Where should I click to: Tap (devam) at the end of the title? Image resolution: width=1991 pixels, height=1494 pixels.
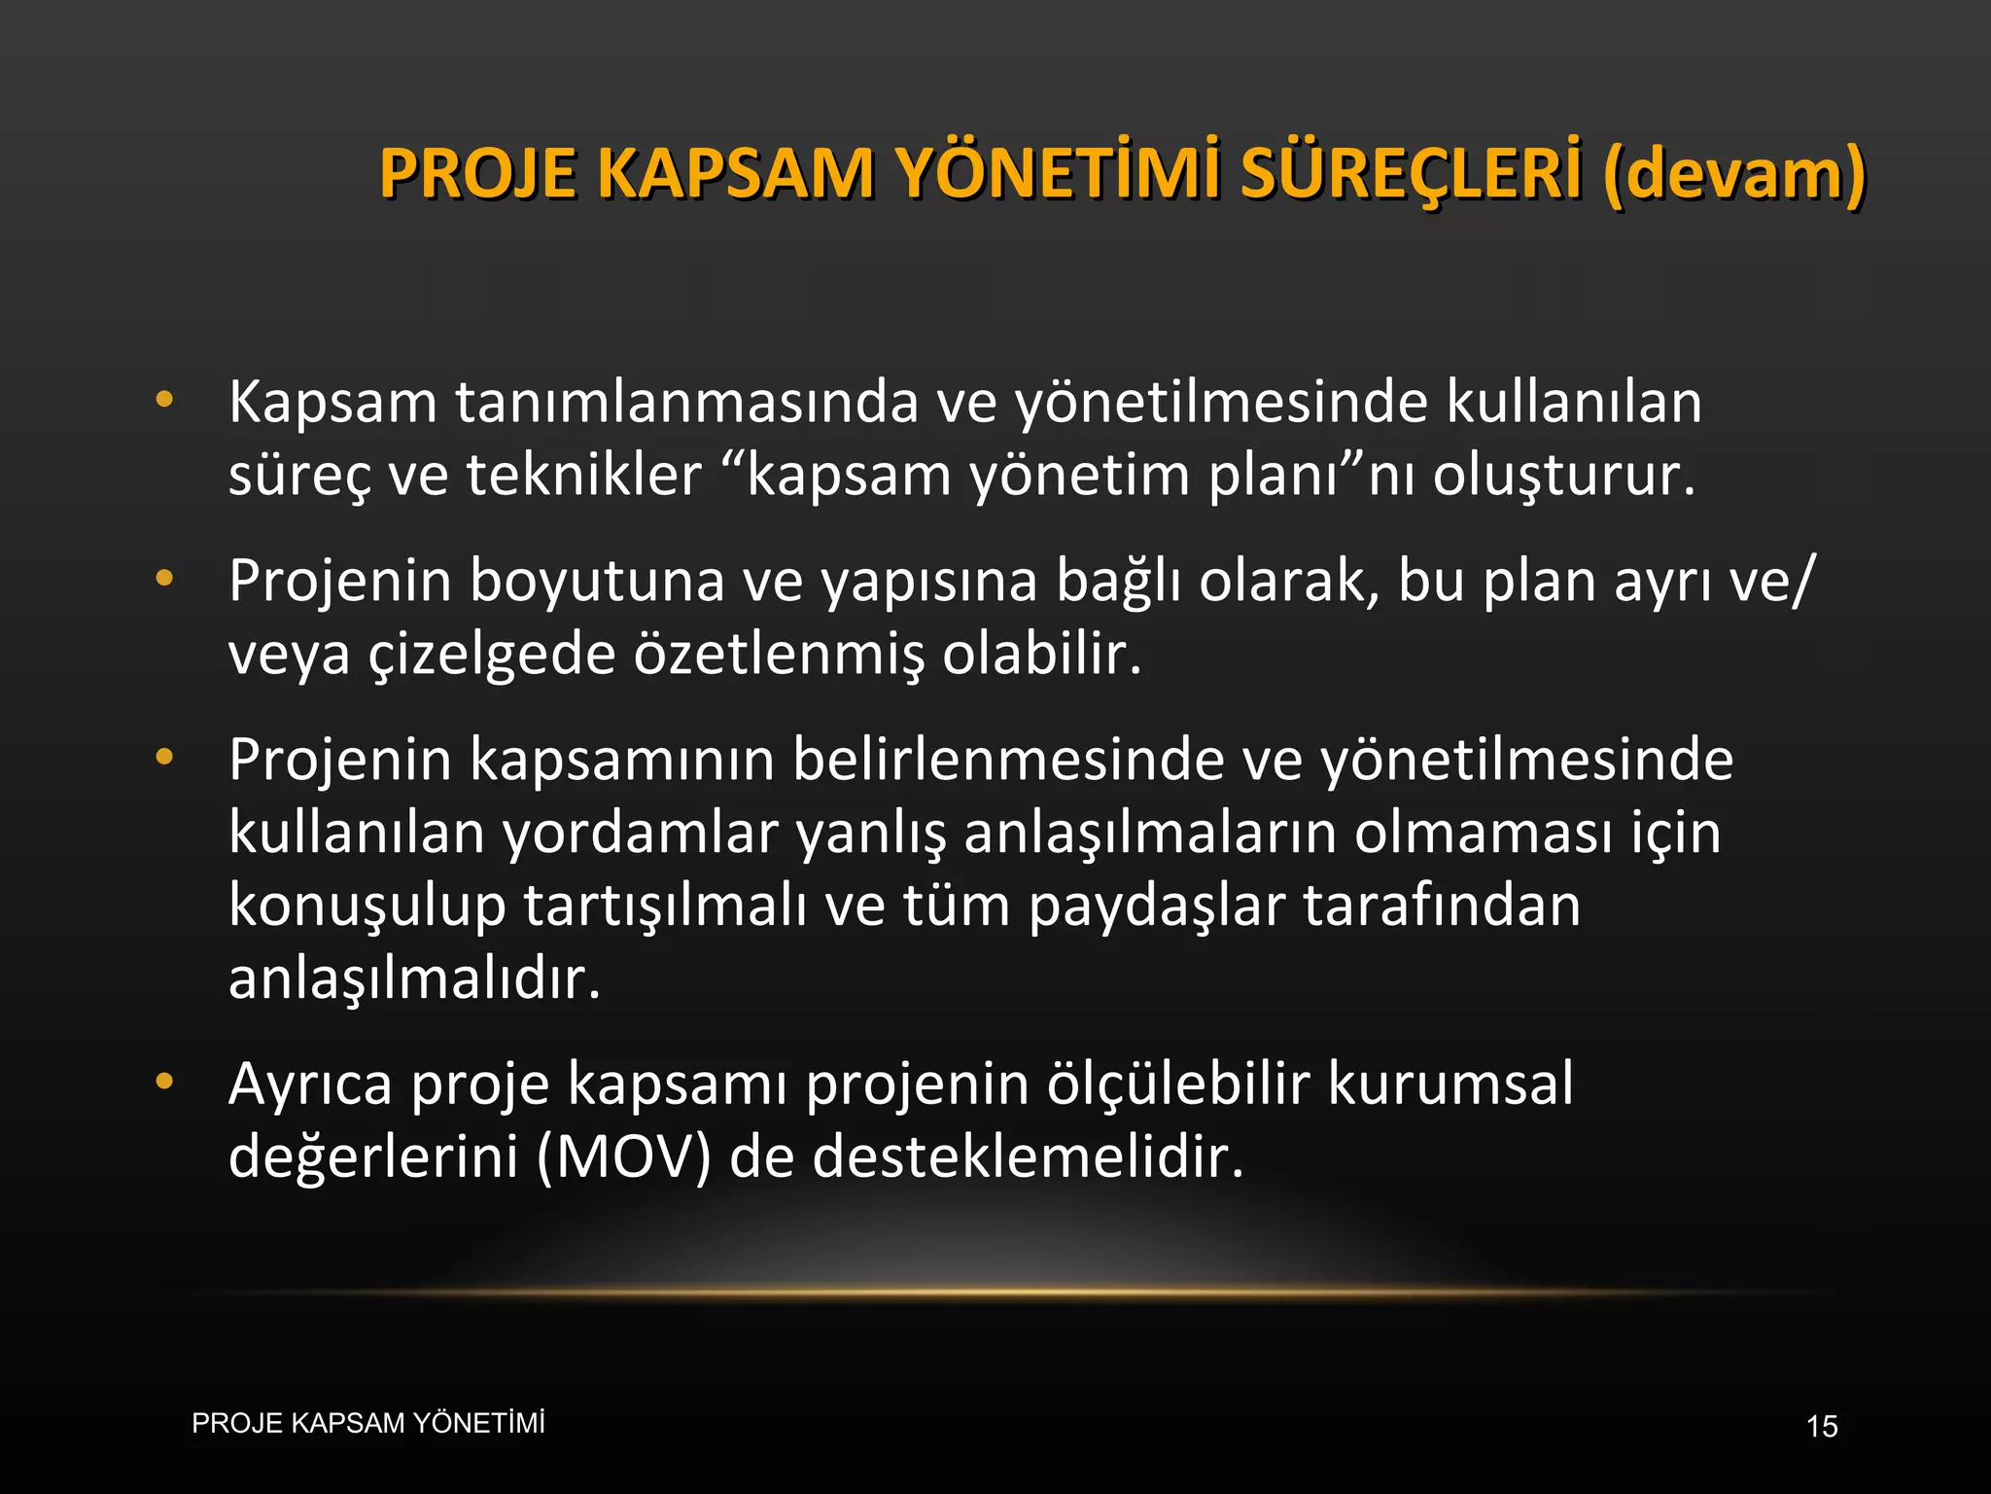coord(1733,173)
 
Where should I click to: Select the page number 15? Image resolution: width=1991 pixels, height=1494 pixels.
coord(1822,1427)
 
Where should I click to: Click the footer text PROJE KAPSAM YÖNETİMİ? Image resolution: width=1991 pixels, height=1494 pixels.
coord(368,1423)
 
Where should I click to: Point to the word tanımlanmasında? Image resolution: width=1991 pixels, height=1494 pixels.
coord(686,402)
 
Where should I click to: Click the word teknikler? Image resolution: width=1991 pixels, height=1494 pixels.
coord(583,476)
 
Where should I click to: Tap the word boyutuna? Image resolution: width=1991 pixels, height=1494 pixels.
coord(597,582)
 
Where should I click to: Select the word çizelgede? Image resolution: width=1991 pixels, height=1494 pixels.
coord(491,655)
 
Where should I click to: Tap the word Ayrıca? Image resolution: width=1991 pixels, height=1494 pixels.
coord(310,1085)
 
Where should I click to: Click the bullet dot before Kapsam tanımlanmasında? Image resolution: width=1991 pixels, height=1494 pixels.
coord(164,399)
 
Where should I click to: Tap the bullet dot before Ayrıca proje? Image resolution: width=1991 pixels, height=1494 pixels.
coord(164,1081)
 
